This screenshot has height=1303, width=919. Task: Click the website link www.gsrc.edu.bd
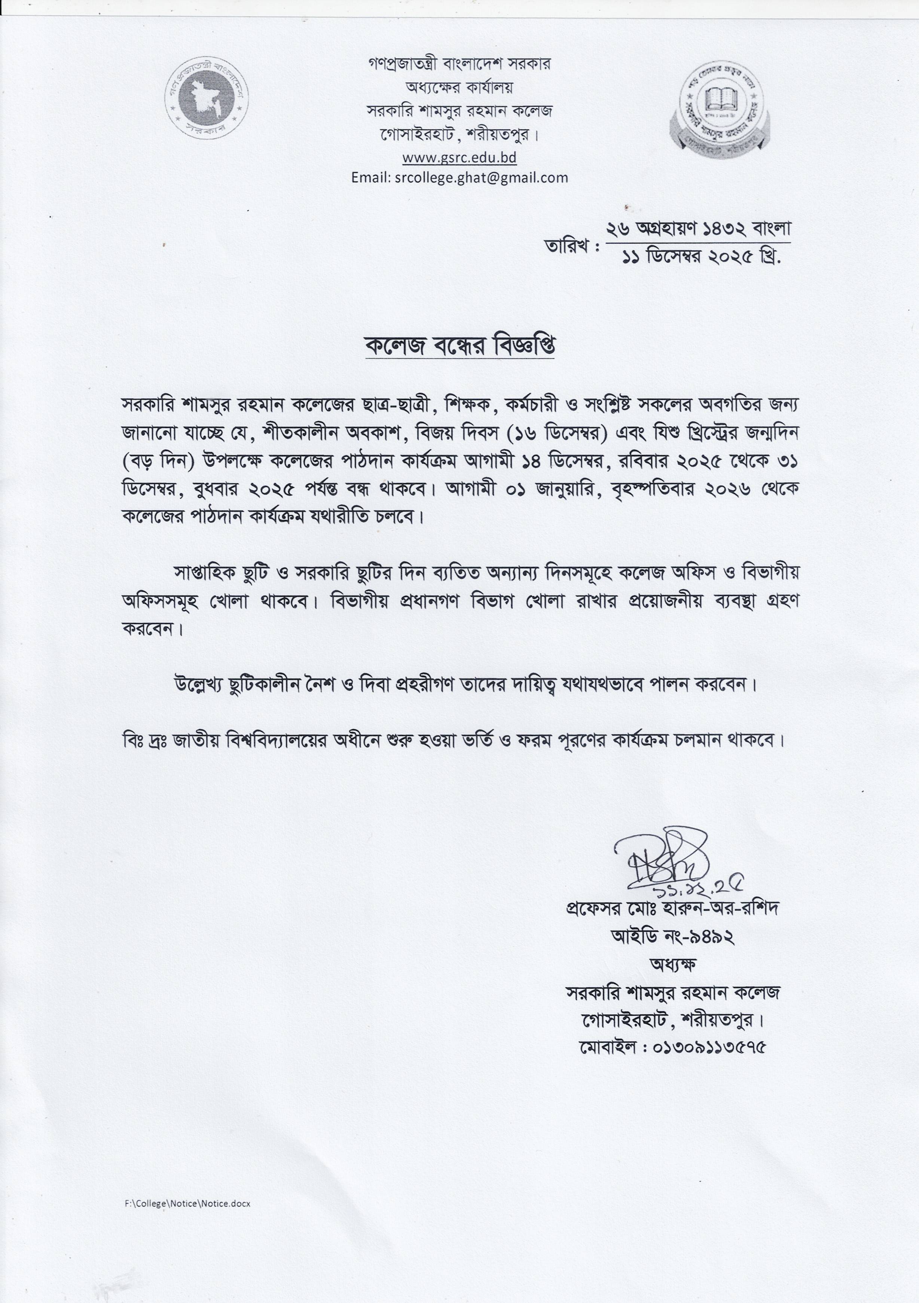point(459,157)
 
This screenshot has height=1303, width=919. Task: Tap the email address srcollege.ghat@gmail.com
point(459,178)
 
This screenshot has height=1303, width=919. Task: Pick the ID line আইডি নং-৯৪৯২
point(673,936)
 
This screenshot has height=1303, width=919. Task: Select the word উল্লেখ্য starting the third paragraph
point(202,686)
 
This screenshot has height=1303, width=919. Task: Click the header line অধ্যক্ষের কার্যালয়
point(459,88)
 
